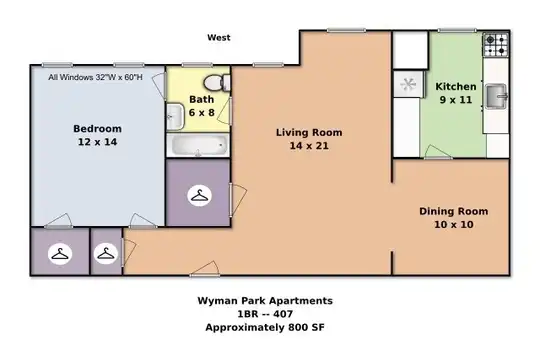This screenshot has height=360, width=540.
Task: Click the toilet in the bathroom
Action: click(x=217, y=83)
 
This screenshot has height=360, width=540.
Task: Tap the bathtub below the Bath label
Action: click(x=199, y=145)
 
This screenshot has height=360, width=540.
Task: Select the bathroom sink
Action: click(x=175, y=117)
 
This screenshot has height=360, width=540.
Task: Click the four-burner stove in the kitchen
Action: click(x=496, y=45)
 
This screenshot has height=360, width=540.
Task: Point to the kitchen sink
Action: click(x=496, y=96)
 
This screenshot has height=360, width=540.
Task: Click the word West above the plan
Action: click(x=219, y=38)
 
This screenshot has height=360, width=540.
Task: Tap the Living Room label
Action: click(x=309, y=133)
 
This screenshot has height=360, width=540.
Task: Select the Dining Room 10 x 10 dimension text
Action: click(x=454, y=225)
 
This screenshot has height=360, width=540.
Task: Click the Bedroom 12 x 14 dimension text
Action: click(x=97, y=142)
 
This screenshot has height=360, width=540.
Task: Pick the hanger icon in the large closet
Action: click(x=199, y=196)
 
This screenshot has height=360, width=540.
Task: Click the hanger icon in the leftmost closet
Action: click(x=60, y=254)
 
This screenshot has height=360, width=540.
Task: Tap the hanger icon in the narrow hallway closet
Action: click(x=106, y=254)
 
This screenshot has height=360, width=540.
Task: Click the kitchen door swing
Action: click(x=437, y=152)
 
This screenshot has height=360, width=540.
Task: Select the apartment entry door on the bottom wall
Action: click(x=205, y=269)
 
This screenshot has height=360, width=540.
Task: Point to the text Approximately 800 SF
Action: click(x=265, y=327)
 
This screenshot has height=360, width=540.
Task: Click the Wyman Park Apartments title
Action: click(x=265, y=301)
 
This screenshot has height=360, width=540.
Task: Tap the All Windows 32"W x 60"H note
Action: click(x=95, y=77)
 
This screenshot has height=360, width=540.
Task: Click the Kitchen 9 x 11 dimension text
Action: click(x=456, y=100)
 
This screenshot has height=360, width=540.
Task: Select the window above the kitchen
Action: click(x=457, y=31)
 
